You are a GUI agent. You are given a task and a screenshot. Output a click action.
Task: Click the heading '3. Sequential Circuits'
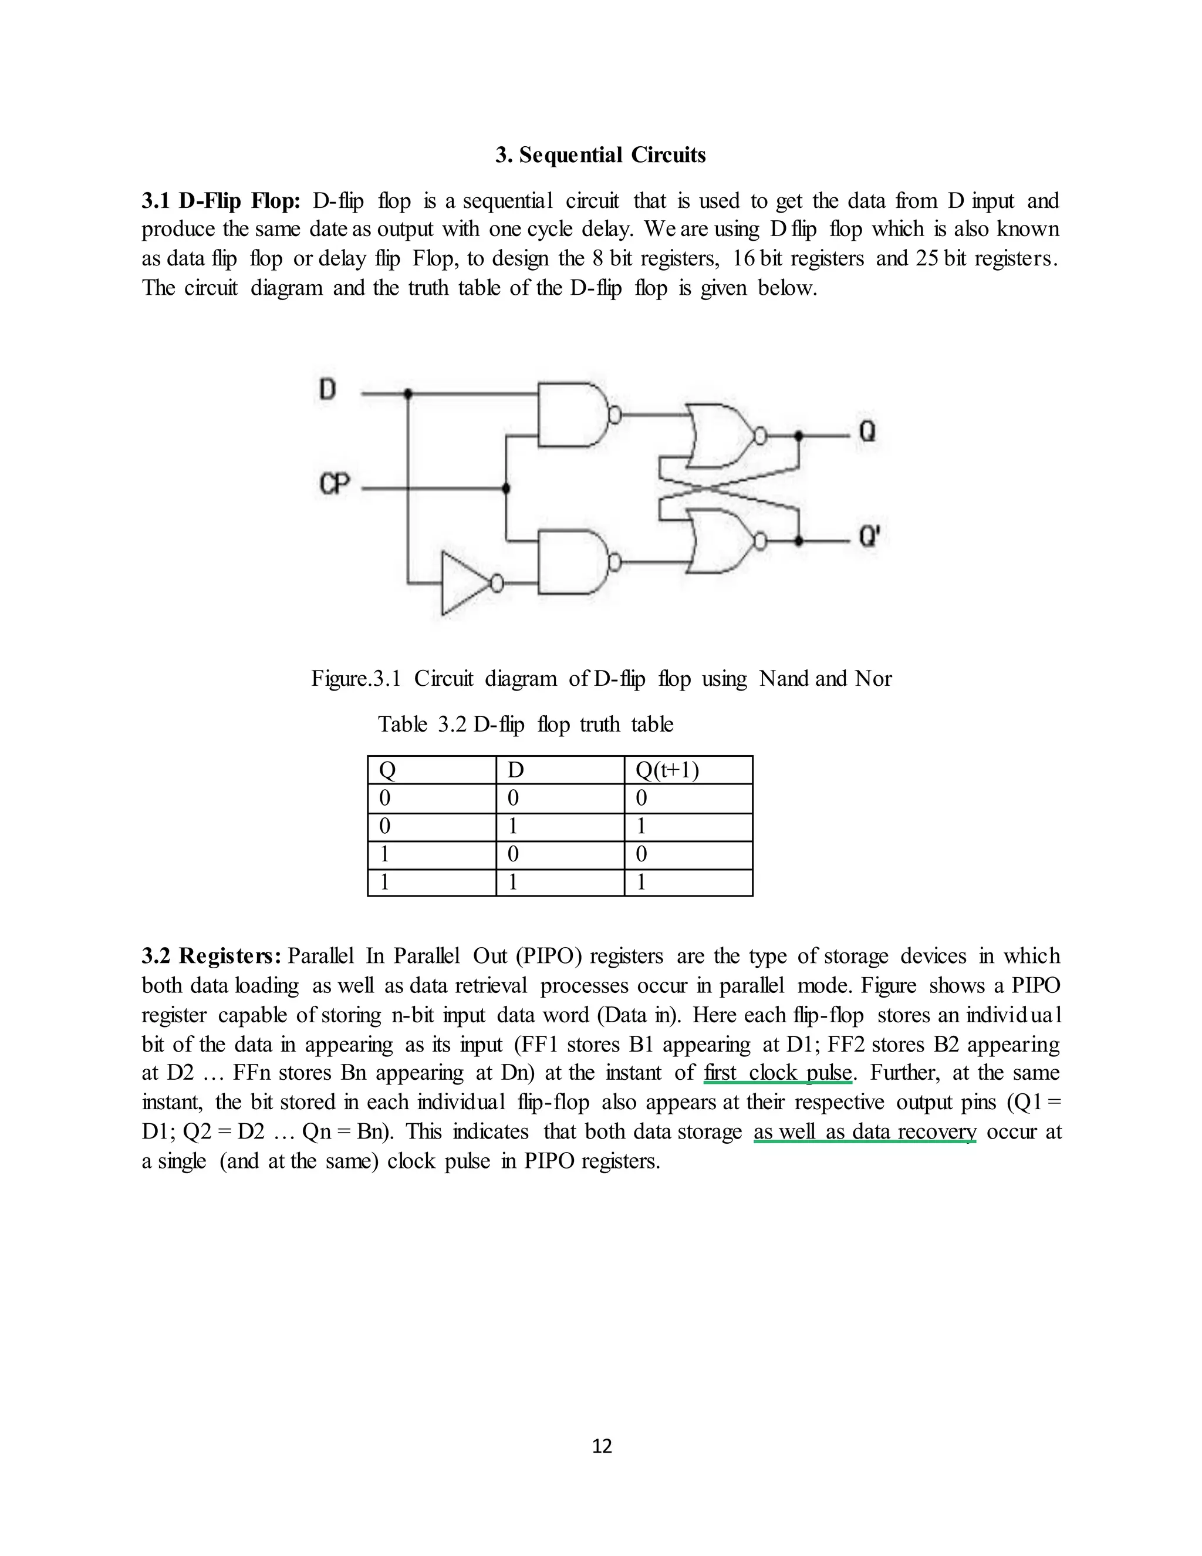pos(600,154)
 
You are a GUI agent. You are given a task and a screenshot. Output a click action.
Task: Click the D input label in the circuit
pos(327,390)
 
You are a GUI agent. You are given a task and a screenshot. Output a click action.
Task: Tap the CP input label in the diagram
pos(335,485)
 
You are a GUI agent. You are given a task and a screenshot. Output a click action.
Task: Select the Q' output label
pos(869,535)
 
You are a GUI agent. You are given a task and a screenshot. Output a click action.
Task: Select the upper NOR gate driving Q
pos(719,435)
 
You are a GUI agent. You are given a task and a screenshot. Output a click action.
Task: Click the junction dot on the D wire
pos(408,393)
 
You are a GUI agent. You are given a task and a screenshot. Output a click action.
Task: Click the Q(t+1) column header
pos(667,770)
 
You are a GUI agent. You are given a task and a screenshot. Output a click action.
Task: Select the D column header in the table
pos(515,770)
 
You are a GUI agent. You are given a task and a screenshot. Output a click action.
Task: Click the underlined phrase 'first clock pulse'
pos(777,1072)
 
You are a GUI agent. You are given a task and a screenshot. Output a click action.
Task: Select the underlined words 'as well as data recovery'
pos(865,1131)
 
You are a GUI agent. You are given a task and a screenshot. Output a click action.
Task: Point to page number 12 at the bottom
pos(602,1446)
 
